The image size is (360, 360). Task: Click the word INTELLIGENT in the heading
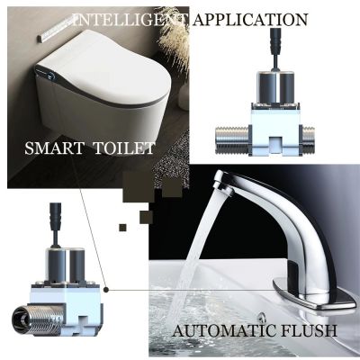tap(131, 20)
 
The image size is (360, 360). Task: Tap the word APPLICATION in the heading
tap(250, 20)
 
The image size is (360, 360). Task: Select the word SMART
tap(54, 148)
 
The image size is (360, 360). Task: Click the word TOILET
tap(124, 148)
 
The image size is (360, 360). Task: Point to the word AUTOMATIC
tap(224, 331)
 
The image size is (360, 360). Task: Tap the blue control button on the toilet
tap(52, 76)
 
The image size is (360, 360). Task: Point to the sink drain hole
tap(263, 317)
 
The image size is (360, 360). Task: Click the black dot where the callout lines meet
tap(106, 290)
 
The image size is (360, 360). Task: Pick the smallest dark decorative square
tap(122, 228)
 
